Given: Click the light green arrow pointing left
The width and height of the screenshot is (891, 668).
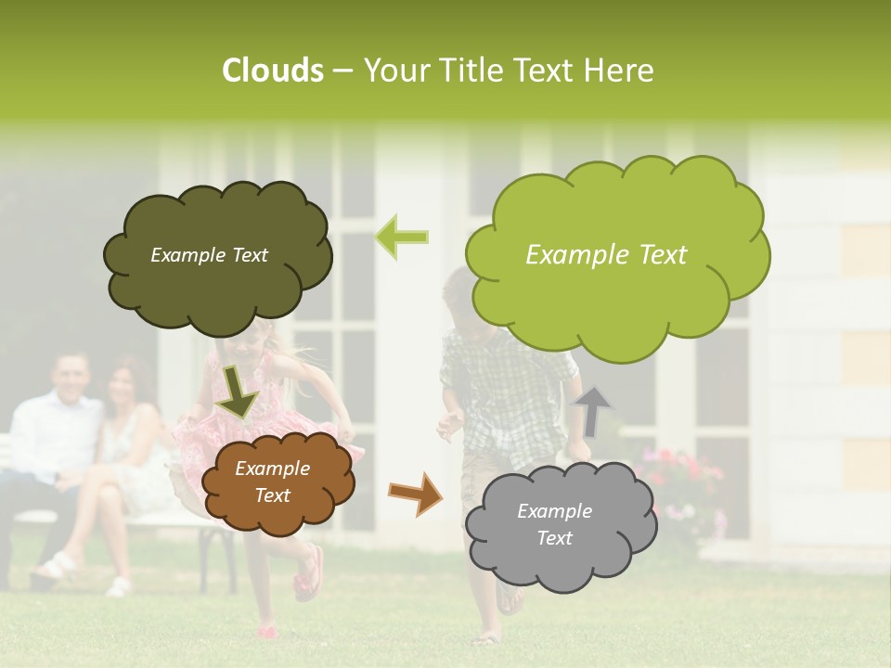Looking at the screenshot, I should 402,237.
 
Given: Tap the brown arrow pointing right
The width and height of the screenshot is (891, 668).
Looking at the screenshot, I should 415,494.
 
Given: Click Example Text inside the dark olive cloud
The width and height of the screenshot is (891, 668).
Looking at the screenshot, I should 209,255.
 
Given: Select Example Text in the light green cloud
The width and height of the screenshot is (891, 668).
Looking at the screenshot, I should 606,255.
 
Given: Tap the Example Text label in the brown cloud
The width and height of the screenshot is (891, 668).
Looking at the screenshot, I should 272,482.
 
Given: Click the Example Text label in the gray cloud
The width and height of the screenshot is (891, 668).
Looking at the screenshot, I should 554,524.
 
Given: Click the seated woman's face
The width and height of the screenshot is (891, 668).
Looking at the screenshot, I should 122,388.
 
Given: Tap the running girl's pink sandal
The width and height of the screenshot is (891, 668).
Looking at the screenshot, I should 309,573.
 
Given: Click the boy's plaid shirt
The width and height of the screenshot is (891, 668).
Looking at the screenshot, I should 506,390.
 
